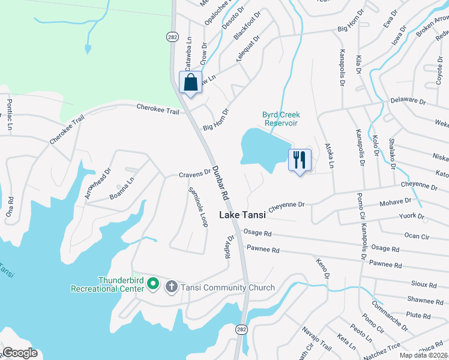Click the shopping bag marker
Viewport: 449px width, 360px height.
point(191,82)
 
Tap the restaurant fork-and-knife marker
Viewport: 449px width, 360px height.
point(300,160)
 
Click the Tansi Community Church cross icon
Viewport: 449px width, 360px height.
point(171,287)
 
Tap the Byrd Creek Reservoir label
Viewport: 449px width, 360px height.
point(281,119)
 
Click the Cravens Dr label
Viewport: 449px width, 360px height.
point(194,173)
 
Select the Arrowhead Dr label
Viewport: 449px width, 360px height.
point(98,183)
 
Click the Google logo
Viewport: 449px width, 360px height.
point(20,353)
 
